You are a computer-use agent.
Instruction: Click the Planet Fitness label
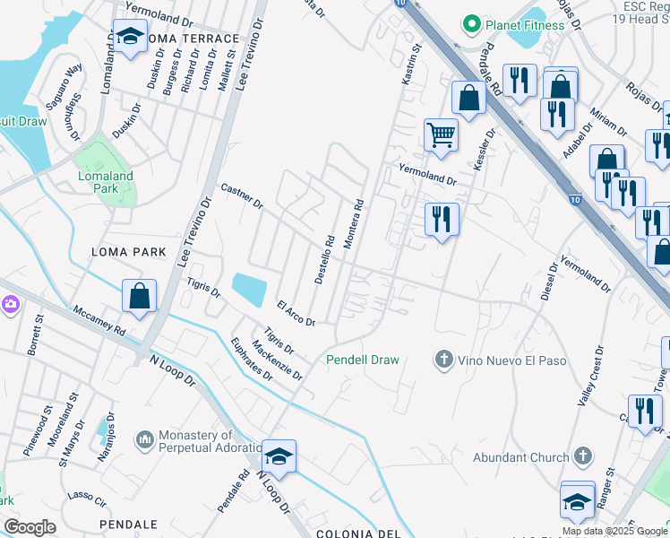[x=524, y=24]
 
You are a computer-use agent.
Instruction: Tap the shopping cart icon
[x=441, y=135]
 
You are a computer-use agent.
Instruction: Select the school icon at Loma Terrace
[x=131, y=38]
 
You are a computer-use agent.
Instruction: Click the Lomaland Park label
[x=106, y=183]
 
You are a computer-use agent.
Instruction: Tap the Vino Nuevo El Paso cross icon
[x=442, y=360]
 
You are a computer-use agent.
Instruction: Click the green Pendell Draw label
[x=362, y=360]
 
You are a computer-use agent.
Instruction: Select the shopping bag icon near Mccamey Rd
[x=140, y=297]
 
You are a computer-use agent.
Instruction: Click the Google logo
[x=30, y=527]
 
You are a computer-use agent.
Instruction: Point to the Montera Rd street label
[x=353, y=225]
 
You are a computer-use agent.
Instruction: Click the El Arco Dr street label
[x=296, y=315]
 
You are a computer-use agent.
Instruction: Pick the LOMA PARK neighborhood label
[x=129, y=253]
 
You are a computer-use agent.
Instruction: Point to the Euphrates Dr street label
[x=252, y=360]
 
